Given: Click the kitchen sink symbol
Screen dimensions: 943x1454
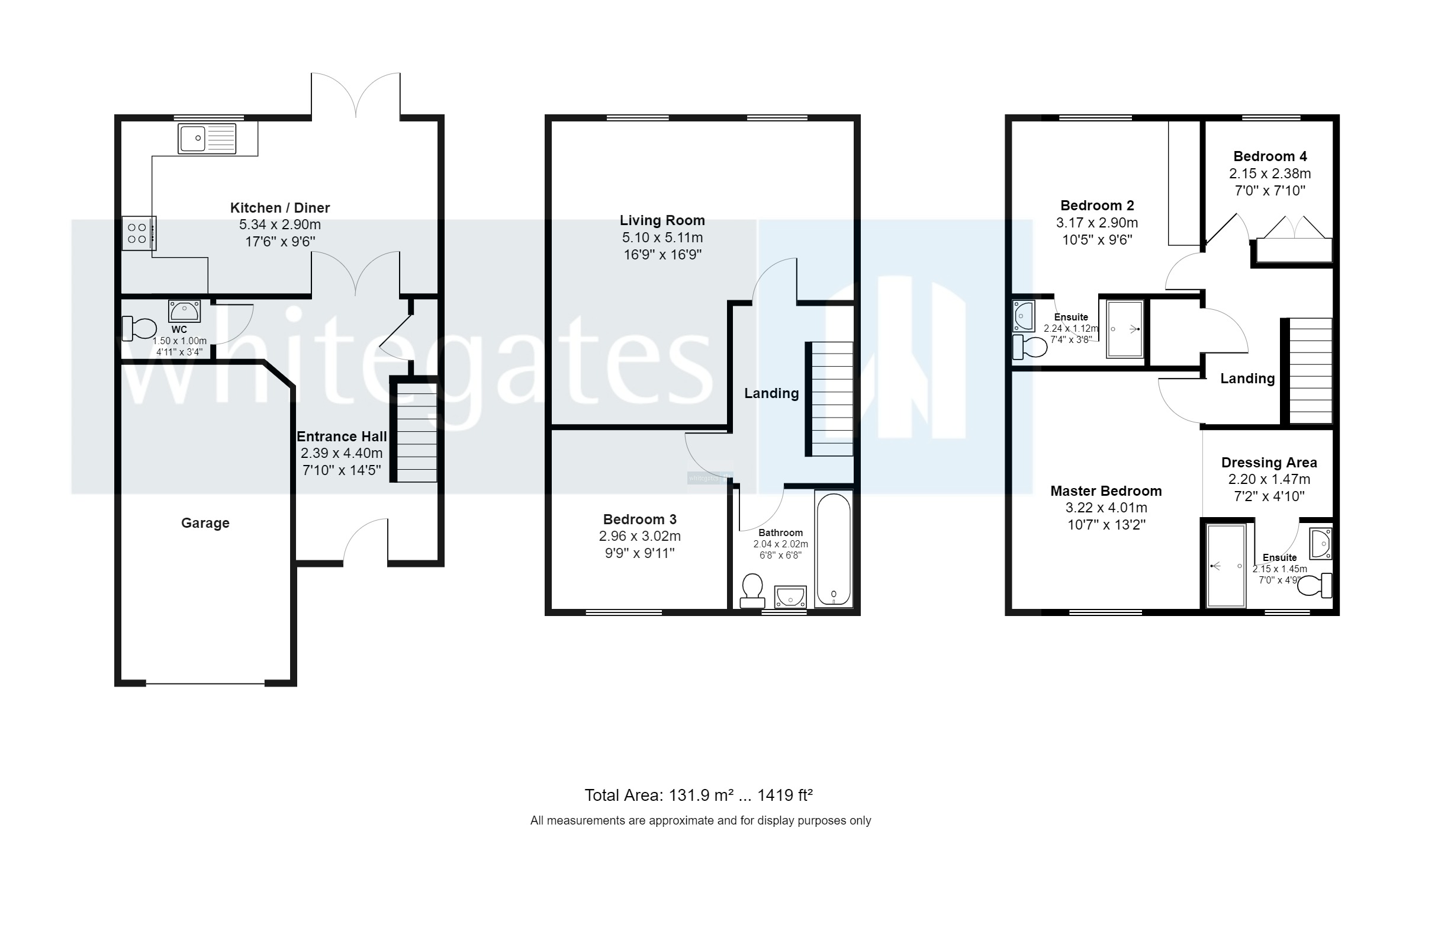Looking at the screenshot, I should tap(207, 138).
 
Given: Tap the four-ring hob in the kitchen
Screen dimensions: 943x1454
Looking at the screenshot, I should tap(139, 233).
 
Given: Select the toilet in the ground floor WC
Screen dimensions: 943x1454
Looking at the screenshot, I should tap(140, 328).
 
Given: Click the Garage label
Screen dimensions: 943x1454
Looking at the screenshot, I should tap(205, 523).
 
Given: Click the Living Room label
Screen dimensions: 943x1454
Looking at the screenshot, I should tap(662, 220).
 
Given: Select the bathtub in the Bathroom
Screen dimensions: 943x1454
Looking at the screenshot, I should tap(834, 550).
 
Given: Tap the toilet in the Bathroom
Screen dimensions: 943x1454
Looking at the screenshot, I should tap(752, 591).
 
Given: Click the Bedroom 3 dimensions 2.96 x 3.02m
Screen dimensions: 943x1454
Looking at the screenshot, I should tap(639, 537).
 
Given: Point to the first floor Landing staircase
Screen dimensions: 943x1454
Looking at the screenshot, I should tap(831, 399).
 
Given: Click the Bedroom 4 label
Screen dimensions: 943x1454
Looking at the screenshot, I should tap(1270, 156).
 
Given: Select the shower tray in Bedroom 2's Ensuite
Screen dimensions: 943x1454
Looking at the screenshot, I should tap(1125, 329).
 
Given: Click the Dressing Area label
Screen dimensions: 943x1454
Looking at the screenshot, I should tap(1269, 463).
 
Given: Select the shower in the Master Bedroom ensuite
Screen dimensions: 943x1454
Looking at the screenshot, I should tap(1226, 566).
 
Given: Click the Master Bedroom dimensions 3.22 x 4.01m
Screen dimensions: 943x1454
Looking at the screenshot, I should tap(1106, 508).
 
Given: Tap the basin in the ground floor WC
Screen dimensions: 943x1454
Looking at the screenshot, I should tap(185, 311).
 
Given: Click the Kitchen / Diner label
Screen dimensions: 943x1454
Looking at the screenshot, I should tap(280, 208).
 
